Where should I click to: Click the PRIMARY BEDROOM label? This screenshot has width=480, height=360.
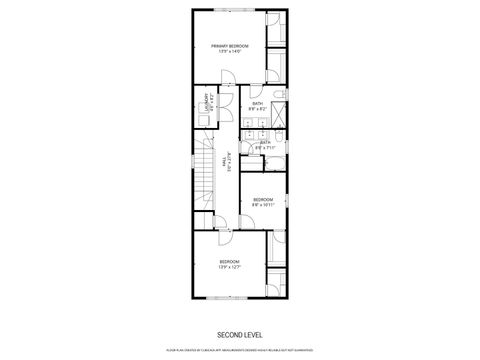point(229,46)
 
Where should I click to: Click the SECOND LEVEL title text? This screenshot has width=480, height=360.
point(239,334)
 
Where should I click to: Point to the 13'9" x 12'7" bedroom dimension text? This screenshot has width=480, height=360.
point(229,267)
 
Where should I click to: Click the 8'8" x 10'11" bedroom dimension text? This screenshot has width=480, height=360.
point(263,205)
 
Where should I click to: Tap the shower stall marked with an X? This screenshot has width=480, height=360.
point(281,110)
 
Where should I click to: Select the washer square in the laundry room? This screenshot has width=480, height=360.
point(203,118)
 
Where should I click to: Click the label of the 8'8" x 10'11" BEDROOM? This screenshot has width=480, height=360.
point(263,200)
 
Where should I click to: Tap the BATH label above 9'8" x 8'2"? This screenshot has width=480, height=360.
point(258,103)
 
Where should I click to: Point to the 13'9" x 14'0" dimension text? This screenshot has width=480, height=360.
point(229,52)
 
